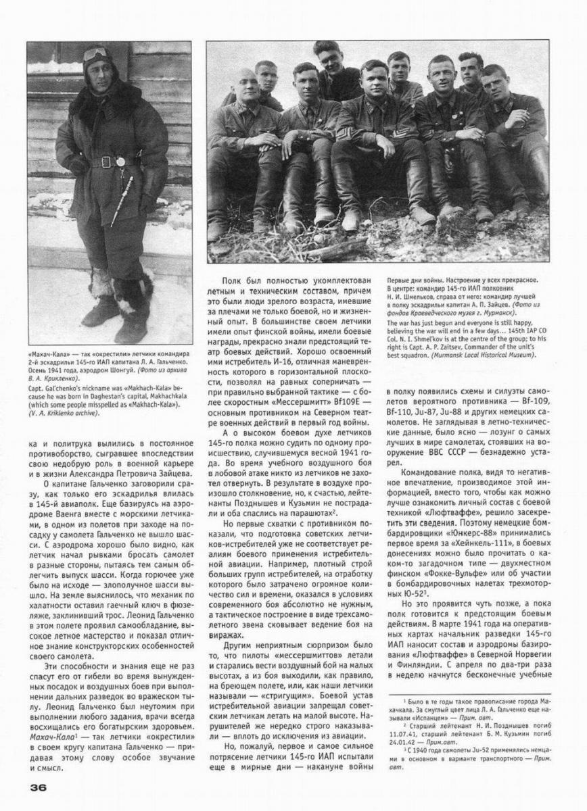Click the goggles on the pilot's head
94,55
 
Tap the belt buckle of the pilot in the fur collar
107,162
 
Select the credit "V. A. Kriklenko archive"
60,413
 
